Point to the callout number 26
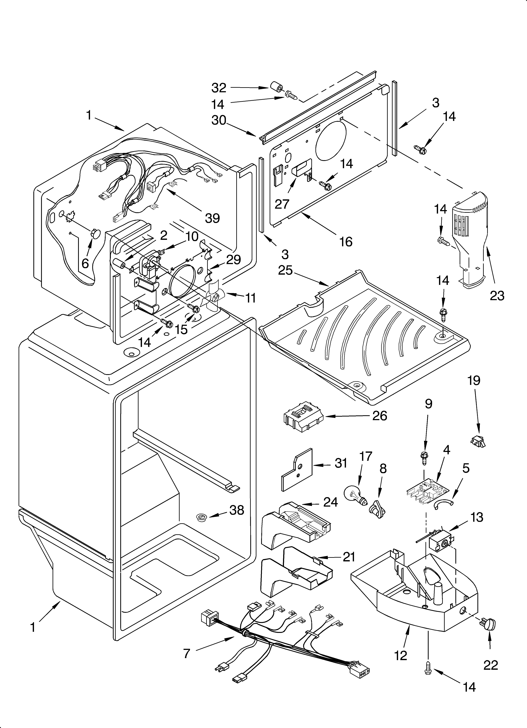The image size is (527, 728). click(380, 416)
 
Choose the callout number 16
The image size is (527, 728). click(346, 241)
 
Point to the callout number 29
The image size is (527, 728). click(234, 259)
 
